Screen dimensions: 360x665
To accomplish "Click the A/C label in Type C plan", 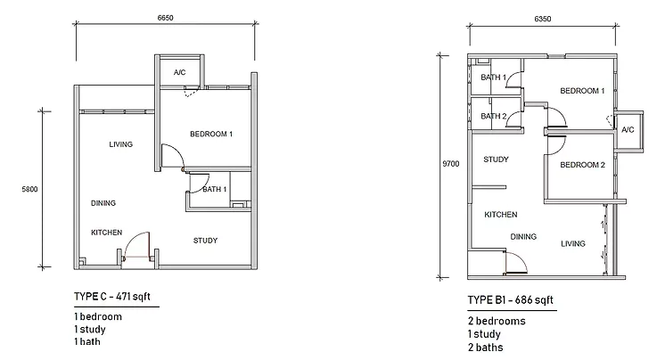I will click(x=179, y=72).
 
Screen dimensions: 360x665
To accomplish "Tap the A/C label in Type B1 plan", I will click(x=628, y=130).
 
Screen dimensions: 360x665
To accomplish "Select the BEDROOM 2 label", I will click(x=583, y=165).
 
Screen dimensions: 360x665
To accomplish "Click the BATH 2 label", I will click(x=494, y=116).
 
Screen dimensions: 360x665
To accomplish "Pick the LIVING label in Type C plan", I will click(x=121, y=144).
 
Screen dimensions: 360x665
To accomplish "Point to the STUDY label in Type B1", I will click(x=496, y=160).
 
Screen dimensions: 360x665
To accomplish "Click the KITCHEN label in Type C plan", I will click(x=106, y=233).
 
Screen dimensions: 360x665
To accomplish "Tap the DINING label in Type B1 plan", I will click(x=523, y=236).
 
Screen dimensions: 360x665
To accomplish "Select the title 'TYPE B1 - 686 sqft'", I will click(x=511, y=301).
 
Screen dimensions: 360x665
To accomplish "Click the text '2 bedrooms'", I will click(x=497, y=321).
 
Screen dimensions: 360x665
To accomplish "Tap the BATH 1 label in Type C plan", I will click(x=215, y=189).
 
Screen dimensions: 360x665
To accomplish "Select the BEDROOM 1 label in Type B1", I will click(x=583, y=91).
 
